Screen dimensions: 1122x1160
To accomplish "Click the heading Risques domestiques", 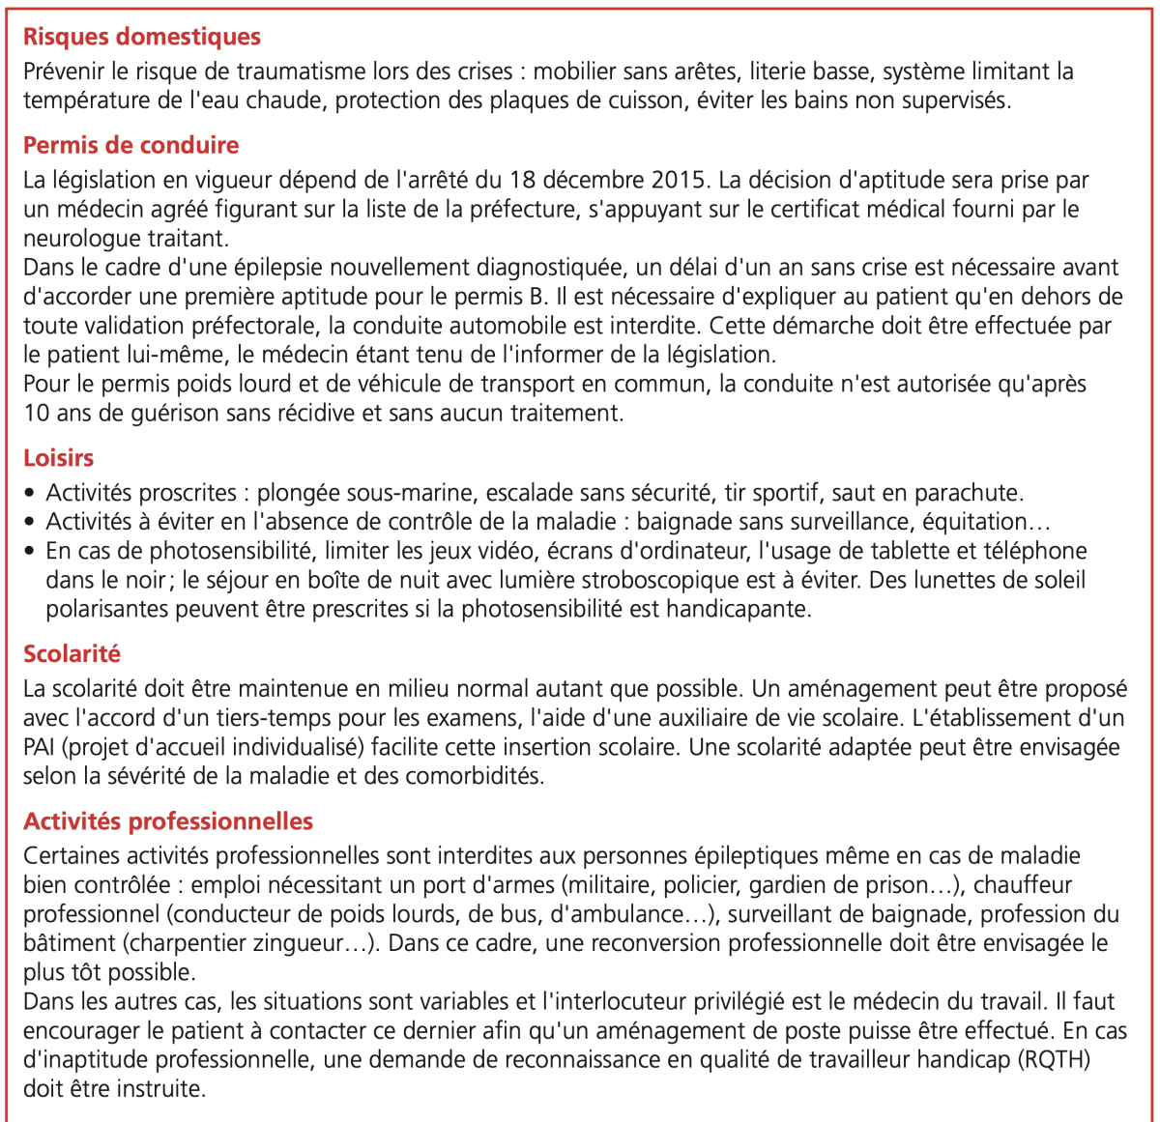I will click(x=142, y=37).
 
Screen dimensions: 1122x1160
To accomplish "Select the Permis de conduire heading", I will click(x=130, y=145).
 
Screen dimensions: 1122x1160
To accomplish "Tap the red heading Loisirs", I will click(x=59, y=458).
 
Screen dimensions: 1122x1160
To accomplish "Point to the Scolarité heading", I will click(x=72, y=654).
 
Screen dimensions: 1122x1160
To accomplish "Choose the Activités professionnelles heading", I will click(x=168, y=821).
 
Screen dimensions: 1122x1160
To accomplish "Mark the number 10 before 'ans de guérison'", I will click(x=37, y=414).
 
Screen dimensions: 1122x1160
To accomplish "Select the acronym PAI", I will click(x=40, y=747).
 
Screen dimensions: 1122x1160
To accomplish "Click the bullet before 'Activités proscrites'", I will click(x=31, y=493).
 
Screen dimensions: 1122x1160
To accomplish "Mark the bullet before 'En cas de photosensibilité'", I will click(x=31, y=552).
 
